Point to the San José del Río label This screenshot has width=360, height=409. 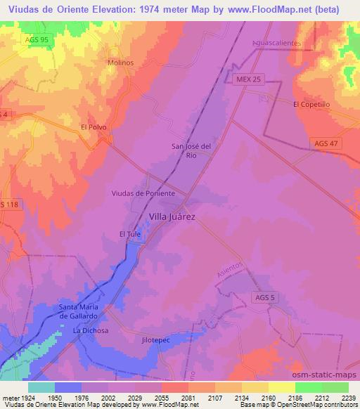(x=191, y=150)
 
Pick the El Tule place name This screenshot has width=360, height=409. (x=131, y=233)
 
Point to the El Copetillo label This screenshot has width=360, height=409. (x=312, y=104)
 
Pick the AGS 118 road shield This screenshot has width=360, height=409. (x=10, y=204)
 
